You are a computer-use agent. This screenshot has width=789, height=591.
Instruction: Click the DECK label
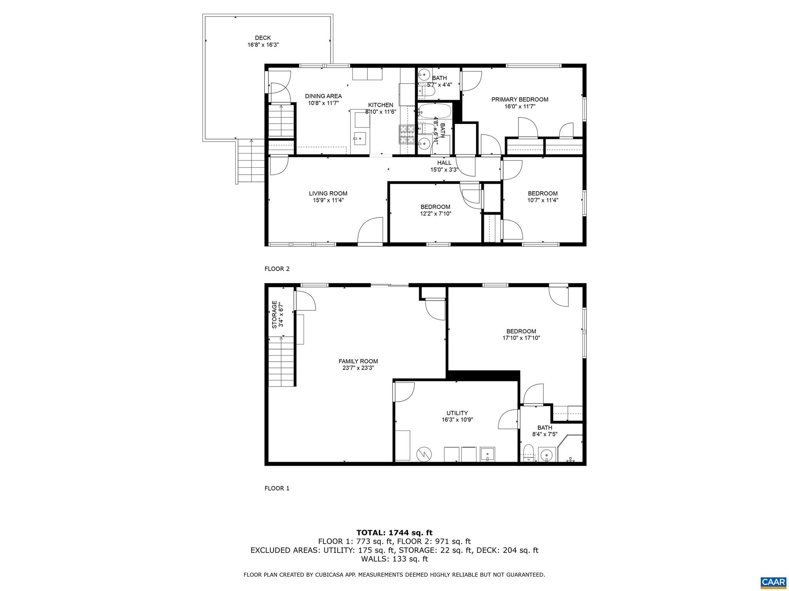tap(263, 38)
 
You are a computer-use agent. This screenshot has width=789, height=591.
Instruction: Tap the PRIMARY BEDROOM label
tap(520, 99)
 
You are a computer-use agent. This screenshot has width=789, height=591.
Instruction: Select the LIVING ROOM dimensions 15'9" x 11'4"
tap(328, 200)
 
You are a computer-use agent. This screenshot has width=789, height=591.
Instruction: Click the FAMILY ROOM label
tap(358, 361)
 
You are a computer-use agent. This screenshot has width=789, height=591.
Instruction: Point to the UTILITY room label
tap(457, 413)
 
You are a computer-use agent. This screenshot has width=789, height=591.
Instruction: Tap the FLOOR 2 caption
tap(277, 269)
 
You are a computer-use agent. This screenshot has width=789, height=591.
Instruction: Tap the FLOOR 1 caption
tap(277, 488)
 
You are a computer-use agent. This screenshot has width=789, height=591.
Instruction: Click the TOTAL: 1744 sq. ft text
tap(394, 533)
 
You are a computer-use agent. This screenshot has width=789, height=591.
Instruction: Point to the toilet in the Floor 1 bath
tap(528, 452)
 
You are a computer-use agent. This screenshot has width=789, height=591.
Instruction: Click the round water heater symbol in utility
tap(425, 454)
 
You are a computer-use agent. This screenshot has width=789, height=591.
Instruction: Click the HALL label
tap(444, 163)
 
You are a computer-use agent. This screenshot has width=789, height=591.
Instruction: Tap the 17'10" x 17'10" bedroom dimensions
tap(521, 338)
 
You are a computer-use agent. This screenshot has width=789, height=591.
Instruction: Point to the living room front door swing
tap(370, 231)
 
